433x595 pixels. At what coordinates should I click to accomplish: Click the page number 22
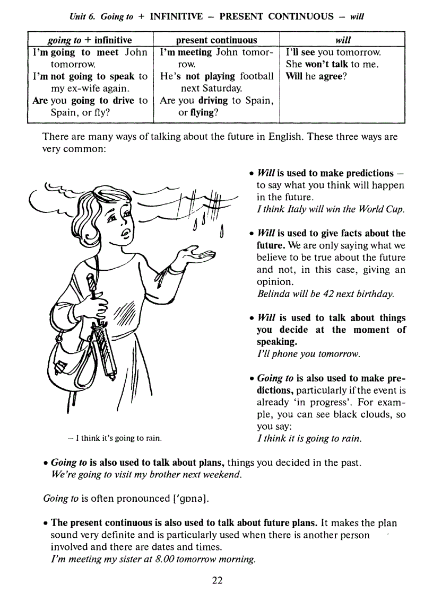pyautogui.click(x=217, y=580)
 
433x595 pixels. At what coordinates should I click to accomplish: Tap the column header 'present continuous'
pyautogui.click(x=216, y=40)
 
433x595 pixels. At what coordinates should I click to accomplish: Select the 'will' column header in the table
pyautogui.click(x=343, y=40)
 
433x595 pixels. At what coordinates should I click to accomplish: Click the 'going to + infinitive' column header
pyautogui.click(x=90, y=40)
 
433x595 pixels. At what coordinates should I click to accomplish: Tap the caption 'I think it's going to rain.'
pyautogui.click(x=115, y=438)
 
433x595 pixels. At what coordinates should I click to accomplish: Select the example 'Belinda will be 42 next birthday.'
pyautogui.click(x=325, y=294)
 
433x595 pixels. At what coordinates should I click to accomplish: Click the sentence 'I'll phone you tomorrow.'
pyautogui.click(x=308, y=353)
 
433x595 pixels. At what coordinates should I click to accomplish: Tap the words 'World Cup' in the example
pyautogui.click(x=384, y=209)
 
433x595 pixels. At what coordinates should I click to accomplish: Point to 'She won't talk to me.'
pyautogui.click(x=332, y=64)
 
